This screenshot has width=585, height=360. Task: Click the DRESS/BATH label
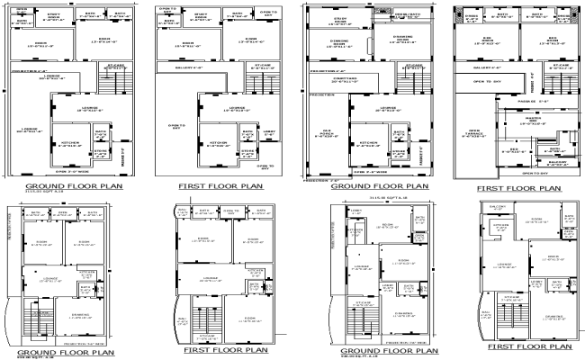point(407,15)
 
